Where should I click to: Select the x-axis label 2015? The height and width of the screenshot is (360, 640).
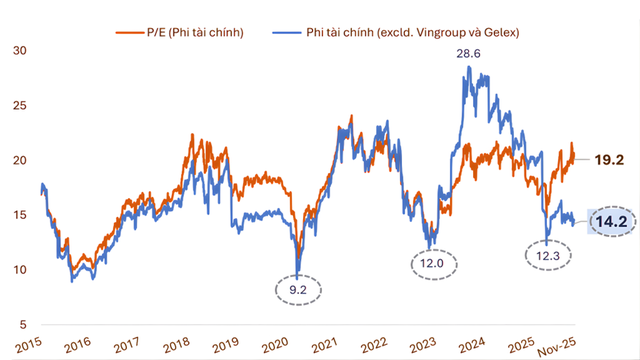point(26,344)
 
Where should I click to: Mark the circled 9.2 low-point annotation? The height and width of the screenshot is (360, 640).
point(297,289)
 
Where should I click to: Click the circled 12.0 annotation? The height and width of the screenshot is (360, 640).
point(433,264)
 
